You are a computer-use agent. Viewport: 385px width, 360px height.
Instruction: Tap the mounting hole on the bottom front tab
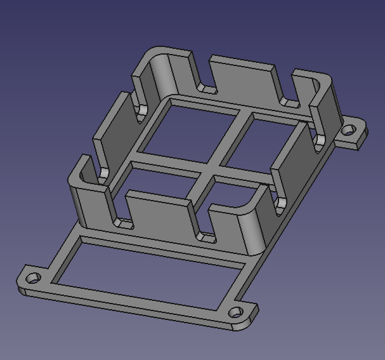tap(235, 312)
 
